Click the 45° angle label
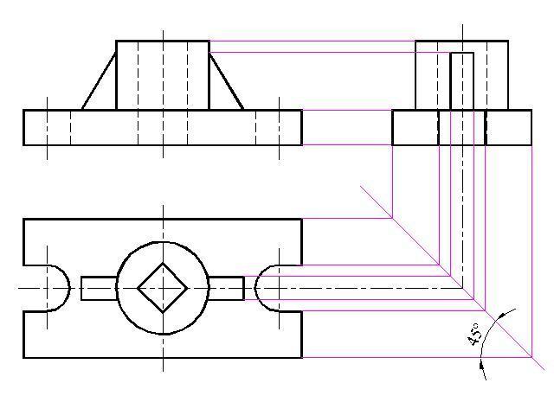(474, 334)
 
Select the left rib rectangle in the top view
(81, 288)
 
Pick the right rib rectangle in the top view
(244, 288)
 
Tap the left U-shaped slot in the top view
(69, 288)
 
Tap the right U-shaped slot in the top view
(254, 288)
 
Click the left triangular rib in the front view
(99, 81)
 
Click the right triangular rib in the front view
(226, 81)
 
